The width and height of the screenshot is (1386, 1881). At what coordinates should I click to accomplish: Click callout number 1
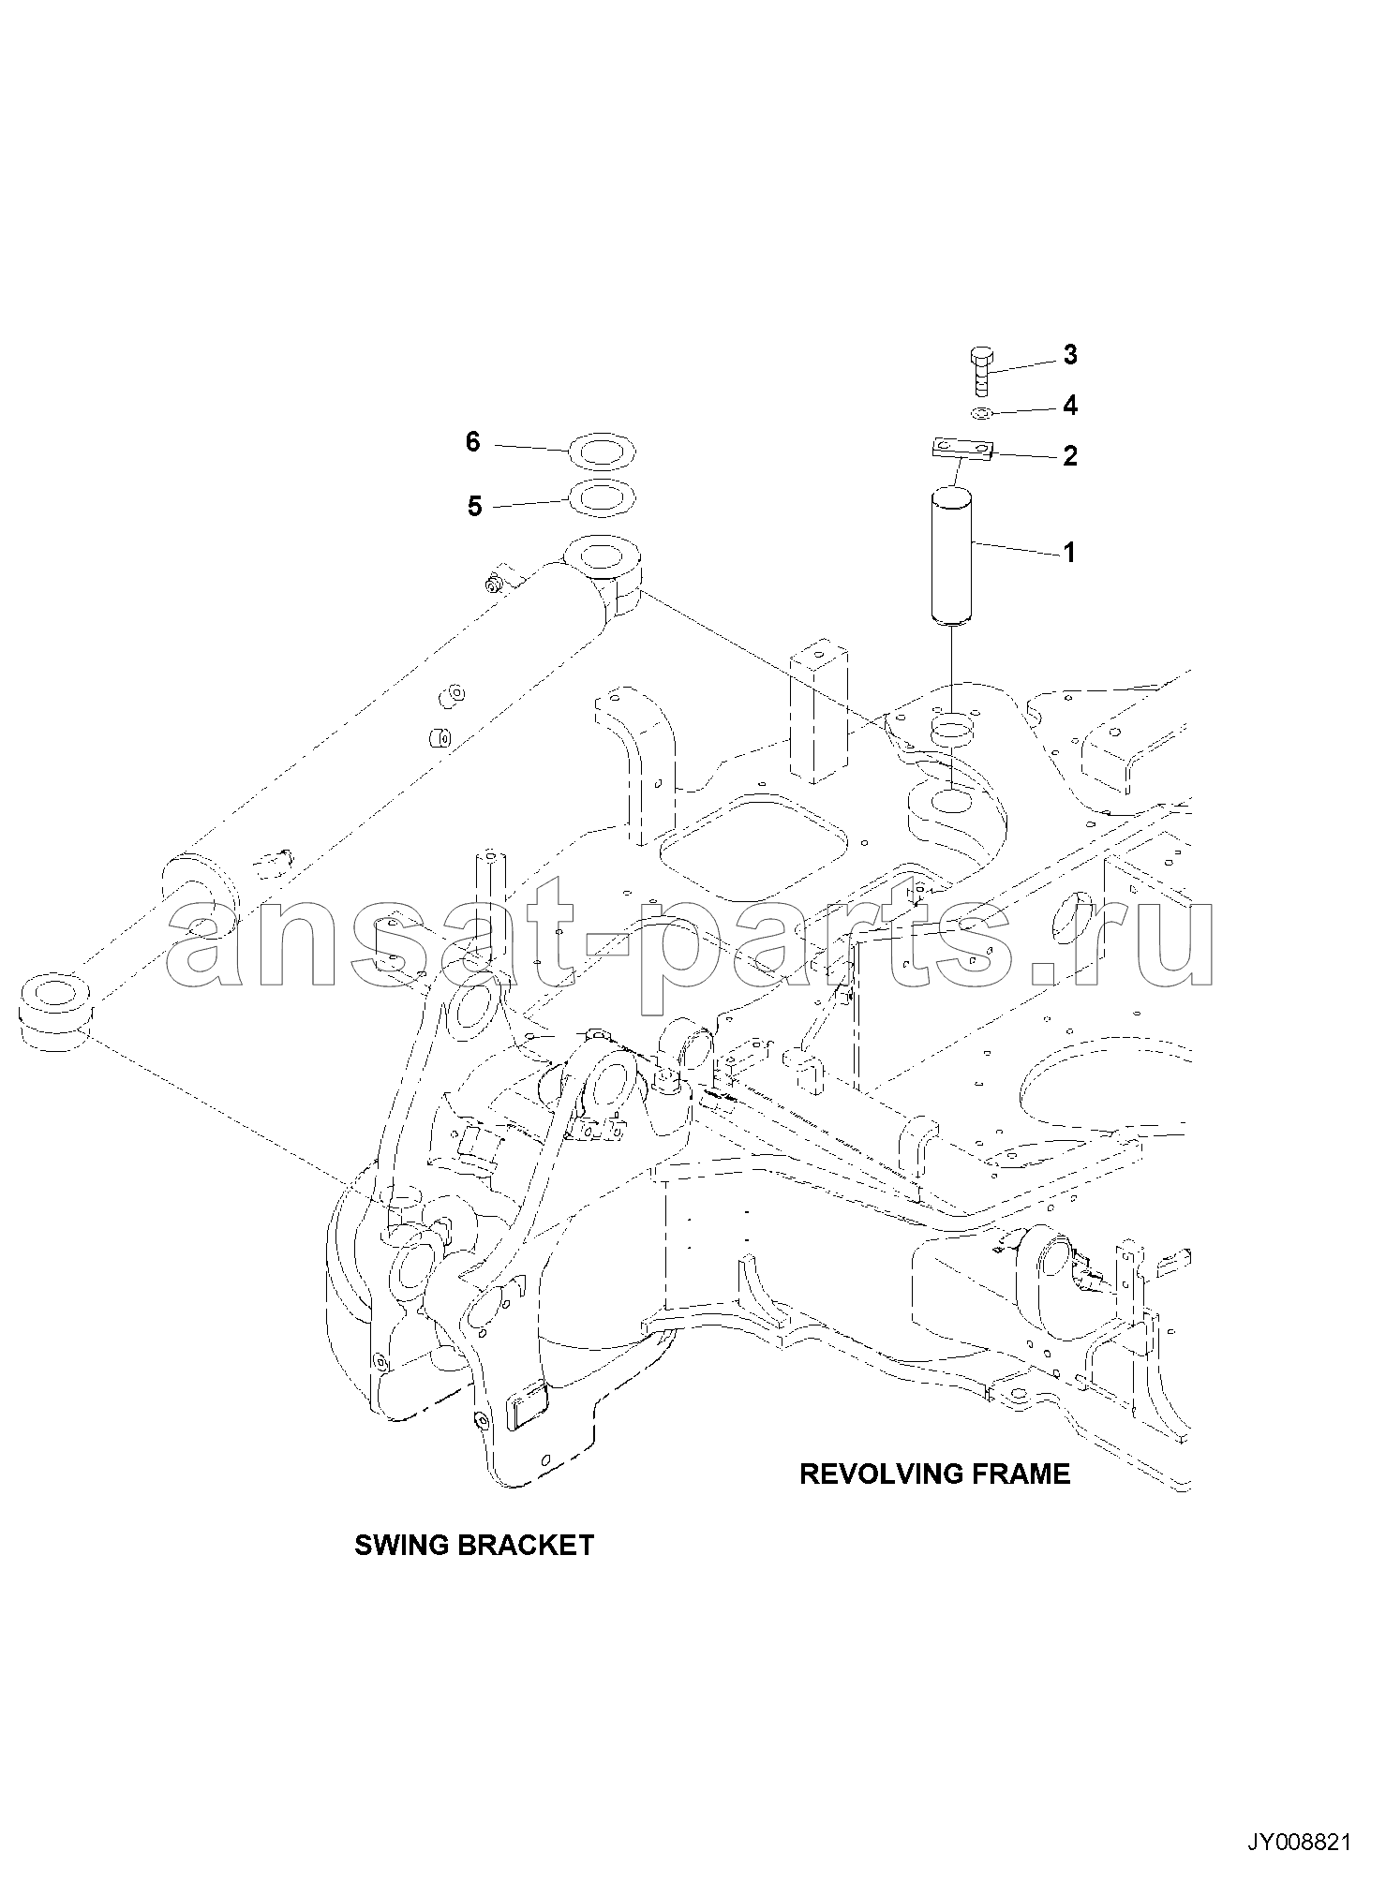click(1068, 553)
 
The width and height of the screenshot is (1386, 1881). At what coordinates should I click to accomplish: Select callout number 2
click(1069, 456)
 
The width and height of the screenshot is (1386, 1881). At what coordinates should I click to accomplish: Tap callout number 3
click(1069, 355)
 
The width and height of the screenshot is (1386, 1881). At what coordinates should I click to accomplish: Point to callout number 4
click(1069, 406)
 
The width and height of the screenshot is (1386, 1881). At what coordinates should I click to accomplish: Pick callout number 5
click(474, 507)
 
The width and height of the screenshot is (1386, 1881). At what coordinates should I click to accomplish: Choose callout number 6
click(473, 441)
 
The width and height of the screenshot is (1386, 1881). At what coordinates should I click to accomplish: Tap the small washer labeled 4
click(981, 413)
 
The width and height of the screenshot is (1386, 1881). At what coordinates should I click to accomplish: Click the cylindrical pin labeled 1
click(951, 555)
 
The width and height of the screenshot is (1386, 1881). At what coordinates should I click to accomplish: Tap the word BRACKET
click(524, 1545)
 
